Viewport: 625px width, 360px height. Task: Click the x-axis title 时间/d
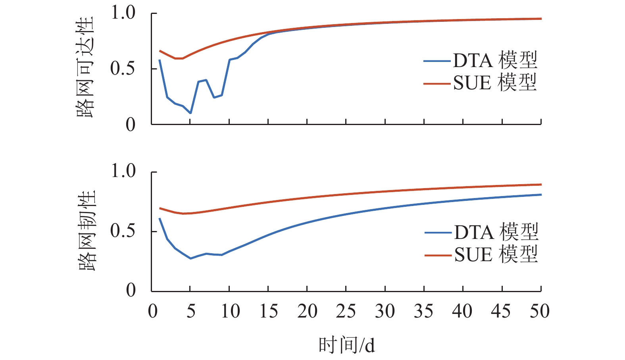click(346, 345)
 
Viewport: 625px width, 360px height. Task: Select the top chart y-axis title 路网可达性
click(85, 67)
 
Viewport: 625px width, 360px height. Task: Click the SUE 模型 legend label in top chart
click(495, 83)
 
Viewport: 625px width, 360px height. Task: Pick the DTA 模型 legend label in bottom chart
click(496, 232)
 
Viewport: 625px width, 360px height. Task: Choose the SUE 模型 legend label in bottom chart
click(496, 254)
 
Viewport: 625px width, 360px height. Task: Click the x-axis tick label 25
click(346, 312)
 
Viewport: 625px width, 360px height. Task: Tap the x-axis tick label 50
click(540, 312)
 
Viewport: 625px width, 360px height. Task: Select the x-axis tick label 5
click(191, 312)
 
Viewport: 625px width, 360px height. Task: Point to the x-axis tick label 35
click(423, 312)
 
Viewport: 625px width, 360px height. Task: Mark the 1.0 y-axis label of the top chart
click(123, 13)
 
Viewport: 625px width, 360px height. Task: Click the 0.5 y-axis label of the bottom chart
click(123, 231)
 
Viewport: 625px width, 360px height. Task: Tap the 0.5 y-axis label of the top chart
click(123, 69)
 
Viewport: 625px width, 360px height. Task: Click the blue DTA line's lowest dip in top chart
click(190, 113)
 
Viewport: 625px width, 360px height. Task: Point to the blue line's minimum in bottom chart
click(190, 258)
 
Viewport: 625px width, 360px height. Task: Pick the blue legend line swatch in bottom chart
click(438, 233)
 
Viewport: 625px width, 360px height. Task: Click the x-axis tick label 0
click(153, 312)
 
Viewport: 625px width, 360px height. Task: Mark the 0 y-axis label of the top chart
click(131, 125)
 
